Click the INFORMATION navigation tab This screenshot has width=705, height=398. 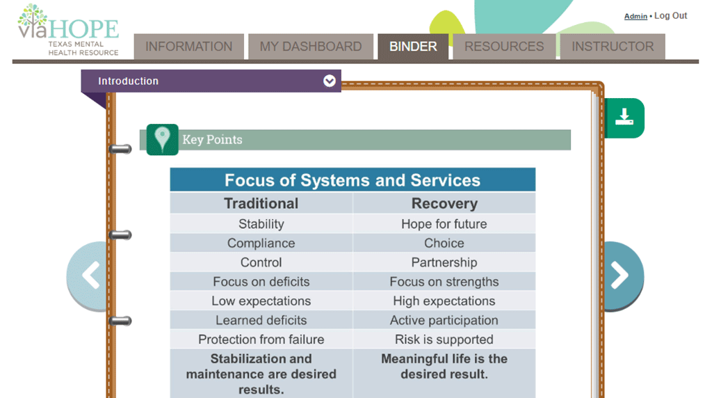coord(189,47)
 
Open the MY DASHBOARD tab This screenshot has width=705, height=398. coord(311,47)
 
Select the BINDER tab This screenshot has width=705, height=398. coord(413,47)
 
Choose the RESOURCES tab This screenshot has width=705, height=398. coord(504,47)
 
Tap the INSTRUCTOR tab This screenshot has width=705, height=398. coord(613,47)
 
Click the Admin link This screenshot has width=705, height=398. coord(635,16)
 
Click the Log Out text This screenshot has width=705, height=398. coord(671,16)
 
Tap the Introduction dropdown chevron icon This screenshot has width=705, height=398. coord(330,81)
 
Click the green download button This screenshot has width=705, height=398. coord(624,118)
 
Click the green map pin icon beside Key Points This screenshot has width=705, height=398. coord(162,139)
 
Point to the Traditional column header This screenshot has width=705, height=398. coord(261,203)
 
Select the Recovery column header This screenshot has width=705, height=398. coord(444,203)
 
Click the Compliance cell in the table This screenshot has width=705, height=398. coord(261,244)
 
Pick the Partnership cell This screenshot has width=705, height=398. coord(444,262)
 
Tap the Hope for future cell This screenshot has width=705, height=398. coord(444,224)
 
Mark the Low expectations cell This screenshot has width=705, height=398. coord(261,301)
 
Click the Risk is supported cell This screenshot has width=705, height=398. coord(444,340)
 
